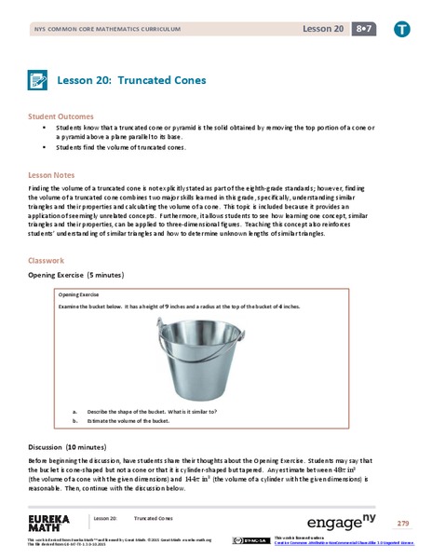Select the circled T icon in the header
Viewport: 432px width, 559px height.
point(400,29)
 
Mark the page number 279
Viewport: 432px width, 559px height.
point(402,524)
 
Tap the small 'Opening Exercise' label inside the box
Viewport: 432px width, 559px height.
point(78,294)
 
